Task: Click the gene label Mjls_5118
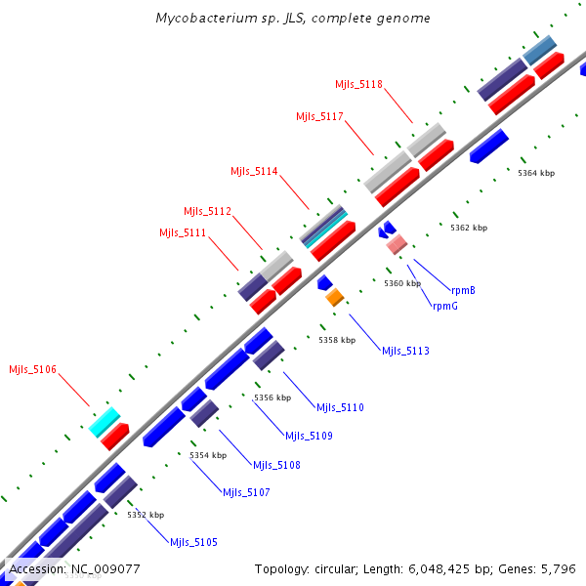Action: (358, 85)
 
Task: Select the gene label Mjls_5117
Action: (319, 117)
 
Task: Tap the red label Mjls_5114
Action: (254, 172)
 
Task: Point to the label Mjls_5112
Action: (207, 211)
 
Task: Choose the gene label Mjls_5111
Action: (183, 232)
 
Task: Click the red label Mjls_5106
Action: (33, 369)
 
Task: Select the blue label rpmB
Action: (463, 290)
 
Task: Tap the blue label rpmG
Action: (444, 306)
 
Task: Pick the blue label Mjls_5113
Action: (405, 351)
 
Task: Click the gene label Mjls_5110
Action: (340, 407)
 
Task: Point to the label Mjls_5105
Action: (193, 542)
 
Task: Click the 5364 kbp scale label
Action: (536, 173)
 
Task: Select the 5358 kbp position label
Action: (337, 340)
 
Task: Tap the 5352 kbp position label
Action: (146, 515)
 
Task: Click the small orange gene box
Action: (335, 297)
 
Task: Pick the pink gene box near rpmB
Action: (396, 245)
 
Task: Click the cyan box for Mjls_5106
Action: (104, 422)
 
